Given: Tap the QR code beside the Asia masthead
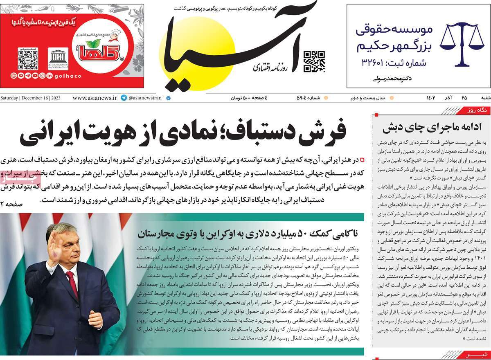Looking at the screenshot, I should coord(314,62).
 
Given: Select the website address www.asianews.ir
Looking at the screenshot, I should coord(95,98).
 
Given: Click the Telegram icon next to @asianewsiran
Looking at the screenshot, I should coord(124,98).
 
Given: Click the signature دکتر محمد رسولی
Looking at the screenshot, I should coord(392,78).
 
